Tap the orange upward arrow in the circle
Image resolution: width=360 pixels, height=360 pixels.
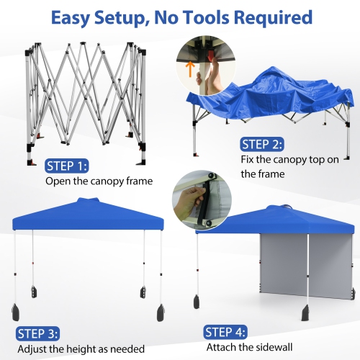pos(190,68)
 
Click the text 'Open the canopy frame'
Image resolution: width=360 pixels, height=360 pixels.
pos(99,181)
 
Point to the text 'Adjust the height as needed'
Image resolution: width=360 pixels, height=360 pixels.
pos(81,349)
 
